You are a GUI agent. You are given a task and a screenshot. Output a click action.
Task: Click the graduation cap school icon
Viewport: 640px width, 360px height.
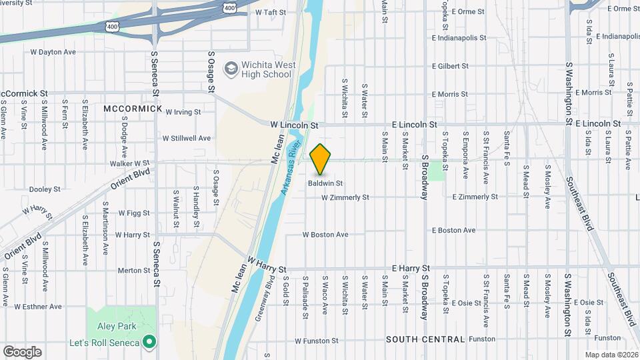click(x=231, y=68)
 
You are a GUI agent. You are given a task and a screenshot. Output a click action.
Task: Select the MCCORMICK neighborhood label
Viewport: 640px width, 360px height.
click(x=133, y=108)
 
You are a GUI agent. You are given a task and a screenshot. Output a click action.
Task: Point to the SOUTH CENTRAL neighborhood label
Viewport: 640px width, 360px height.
click(x=425, y=339)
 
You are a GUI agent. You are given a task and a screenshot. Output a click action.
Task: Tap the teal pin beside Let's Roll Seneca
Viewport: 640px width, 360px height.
click(x=149, y=343)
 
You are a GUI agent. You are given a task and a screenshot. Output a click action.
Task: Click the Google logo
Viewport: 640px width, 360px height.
click(x=22, y=352)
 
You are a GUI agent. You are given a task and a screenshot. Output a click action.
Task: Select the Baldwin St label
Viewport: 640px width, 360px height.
click(x=325, y=183)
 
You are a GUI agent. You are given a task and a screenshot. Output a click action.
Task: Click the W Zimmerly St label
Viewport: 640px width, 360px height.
click(x=345, y=197)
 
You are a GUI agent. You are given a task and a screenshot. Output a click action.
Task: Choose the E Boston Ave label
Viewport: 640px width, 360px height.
click(x=453, y=231)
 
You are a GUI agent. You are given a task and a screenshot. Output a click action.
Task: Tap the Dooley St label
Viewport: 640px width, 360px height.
click(x=45, y=189)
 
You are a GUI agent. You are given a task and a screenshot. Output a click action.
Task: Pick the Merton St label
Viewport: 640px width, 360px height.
click(x=134, y=271)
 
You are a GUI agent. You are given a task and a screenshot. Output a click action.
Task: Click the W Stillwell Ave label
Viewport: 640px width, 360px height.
click(x=187, y=139)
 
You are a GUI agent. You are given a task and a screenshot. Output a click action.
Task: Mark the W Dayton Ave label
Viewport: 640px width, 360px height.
click(x=53, y=52)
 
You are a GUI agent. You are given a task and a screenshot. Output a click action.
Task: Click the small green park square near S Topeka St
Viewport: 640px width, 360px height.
click(x=436, y=170)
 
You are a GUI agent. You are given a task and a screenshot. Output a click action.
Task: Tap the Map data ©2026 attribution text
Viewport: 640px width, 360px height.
click(x=611, y=355)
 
